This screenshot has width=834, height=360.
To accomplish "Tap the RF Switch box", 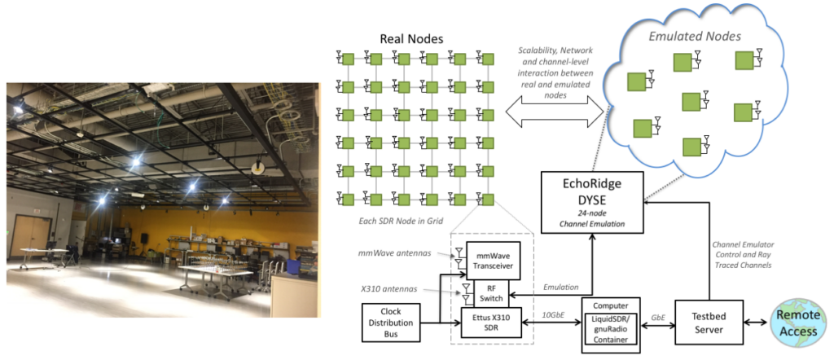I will click(x=492, y=292).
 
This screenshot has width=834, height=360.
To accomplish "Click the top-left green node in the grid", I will click(x=348, y=59).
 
